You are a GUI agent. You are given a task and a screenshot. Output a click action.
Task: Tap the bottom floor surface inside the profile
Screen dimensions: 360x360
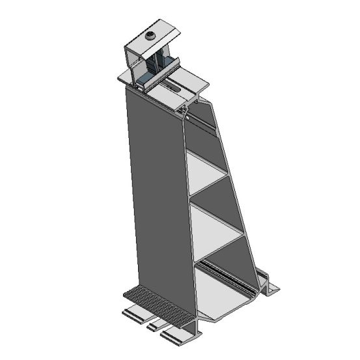(225, 296)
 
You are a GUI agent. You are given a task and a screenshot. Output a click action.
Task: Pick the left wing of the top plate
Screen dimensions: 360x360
(126, 77)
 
